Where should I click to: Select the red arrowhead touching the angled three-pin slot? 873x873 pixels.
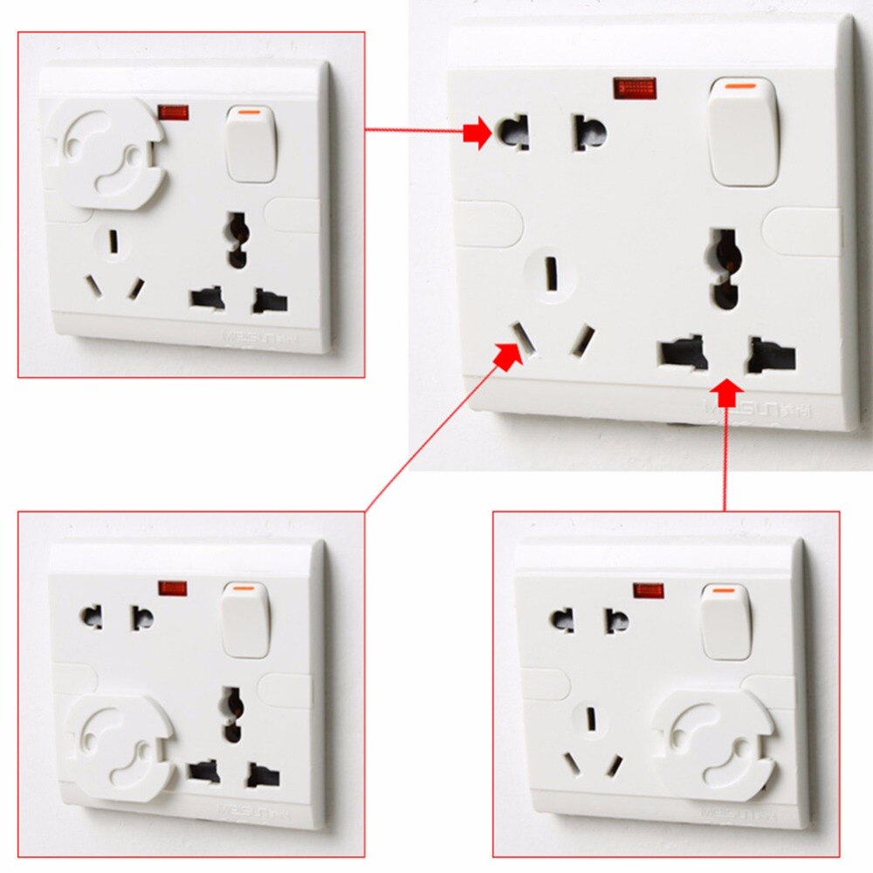coord(507,354)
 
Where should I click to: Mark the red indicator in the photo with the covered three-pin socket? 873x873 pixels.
coord(173,588)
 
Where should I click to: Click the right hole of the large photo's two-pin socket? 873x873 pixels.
coord(590,133)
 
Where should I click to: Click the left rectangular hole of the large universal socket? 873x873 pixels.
coord(684,354)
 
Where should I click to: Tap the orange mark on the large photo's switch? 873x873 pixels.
coord(742,86)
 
